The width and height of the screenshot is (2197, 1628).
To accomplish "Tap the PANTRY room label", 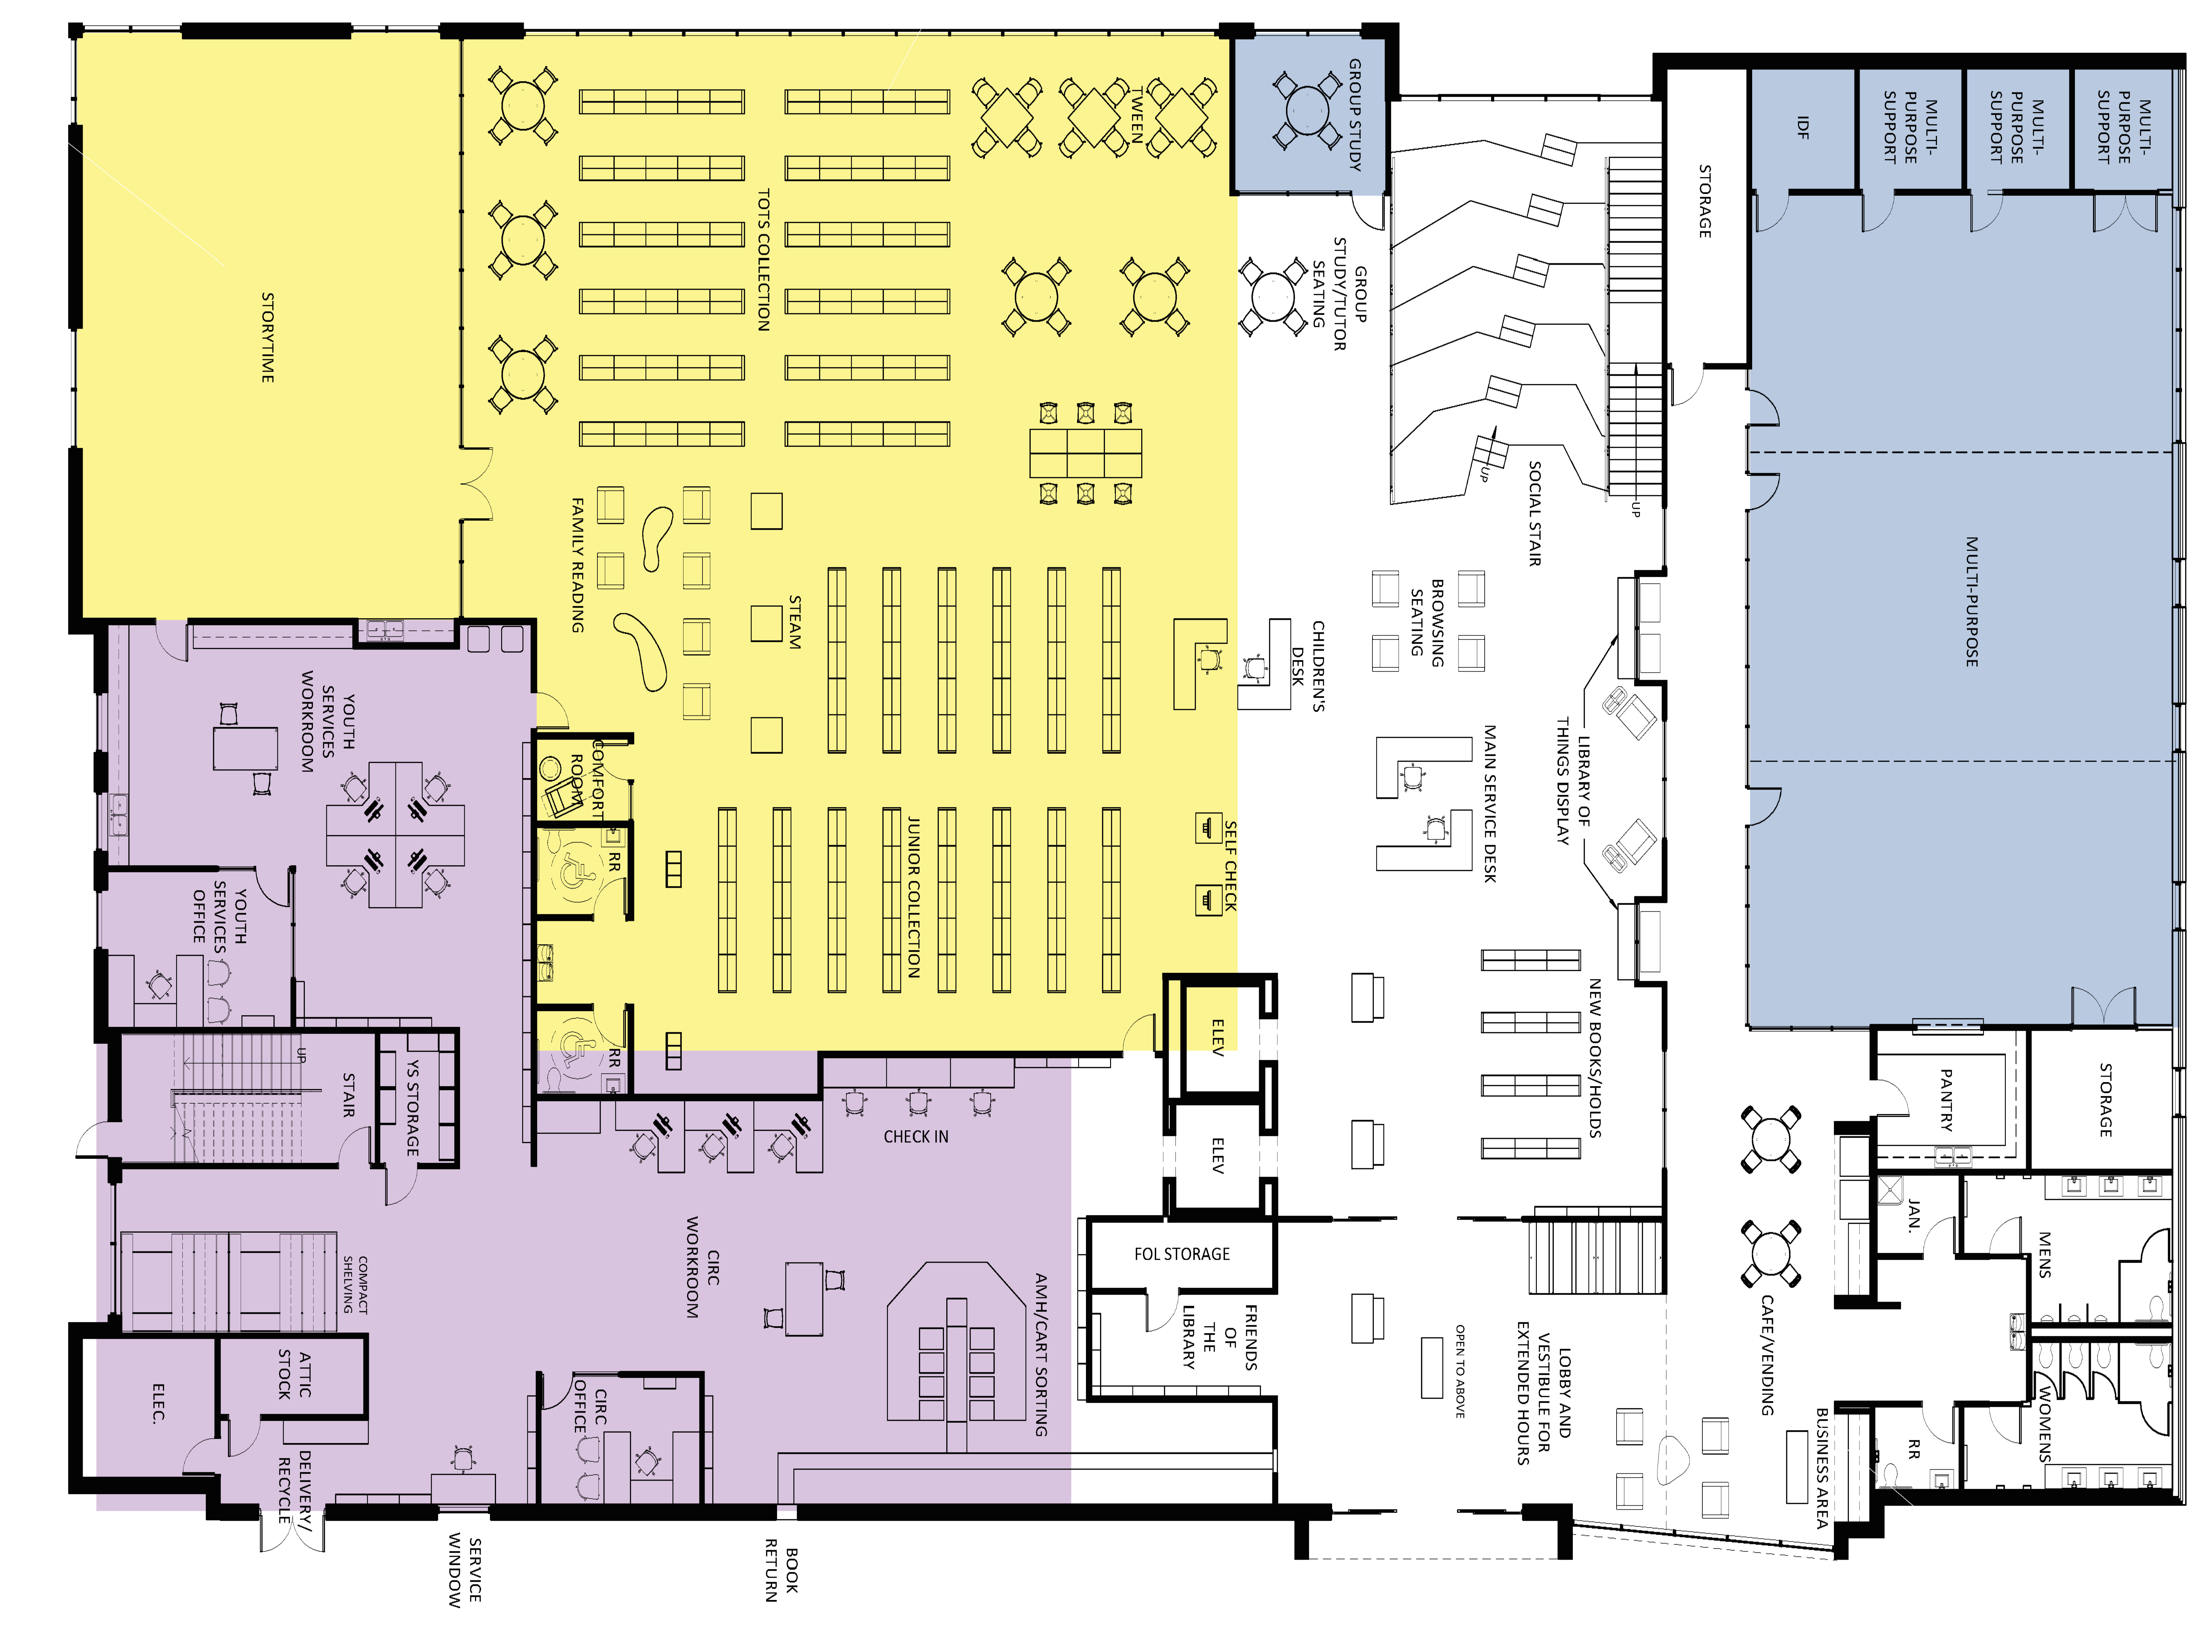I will [1946, 1099].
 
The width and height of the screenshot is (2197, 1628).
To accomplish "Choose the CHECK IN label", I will [915, 1136].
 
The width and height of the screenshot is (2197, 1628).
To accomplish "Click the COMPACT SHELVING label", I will [355, 1284].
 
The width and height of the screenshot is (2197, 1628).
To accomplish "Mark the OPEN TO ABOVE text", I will [1460, 1370].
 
